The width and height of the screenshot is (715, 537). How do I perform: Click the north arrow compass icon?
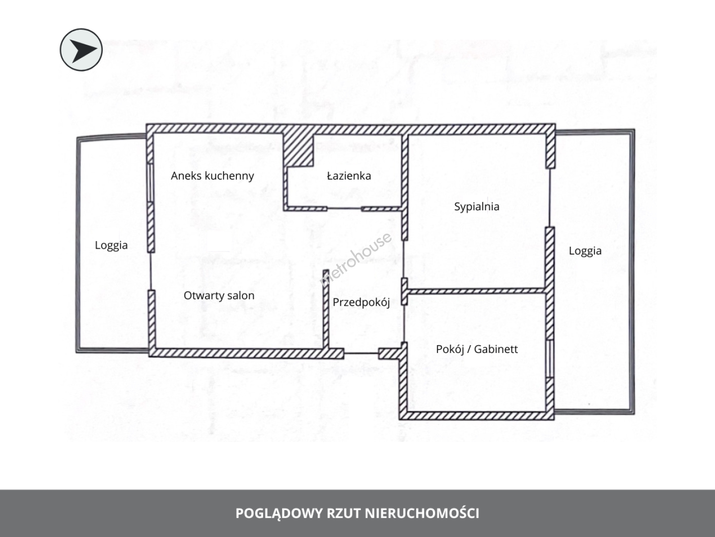coord(81,50)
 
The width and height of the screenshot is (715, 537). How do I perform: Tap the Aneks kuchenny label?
coord(213,176)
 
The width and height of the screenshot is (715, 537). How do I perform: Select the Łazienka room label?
coord(349,176)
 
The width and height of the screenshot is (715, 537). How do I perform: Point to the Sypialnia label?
coord(477,207)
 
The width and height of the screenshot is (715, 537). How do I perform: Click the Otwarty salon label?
coord(219,296)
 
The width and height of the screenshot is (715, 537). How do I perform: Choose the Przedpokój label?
coord(361,303)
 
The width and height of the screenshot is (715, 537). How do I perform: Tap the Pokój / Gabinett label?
coord(477,349)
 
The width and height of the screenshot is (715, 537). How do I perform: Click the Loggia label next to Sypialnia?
coord(585,251)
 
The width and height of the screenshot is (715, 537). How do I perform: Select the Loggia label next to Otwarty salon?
coord(111,246)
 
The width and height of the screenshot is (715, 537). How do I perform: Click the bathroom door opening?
coord(344,208)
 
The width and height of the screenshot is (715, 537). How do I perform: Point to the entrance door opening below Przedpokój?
coord(361,354)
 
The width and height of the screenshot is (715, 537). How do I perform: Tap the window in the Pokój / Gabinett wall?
coord(550,359)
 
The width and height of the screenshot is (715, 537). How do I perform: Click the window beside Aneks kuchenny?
coord(150,182)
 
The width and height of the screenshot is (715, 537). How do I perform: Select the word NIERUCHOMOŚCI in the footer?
coord(422,513)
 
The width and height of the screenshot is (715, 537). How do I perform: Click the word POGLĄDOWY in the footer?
coord(279,514)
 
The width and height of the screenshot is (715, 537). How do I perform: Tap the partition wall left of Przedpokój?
coord(326,309)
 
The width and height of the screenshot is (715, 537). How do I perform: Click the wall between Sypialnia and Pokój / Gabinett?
coord(477,291)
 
